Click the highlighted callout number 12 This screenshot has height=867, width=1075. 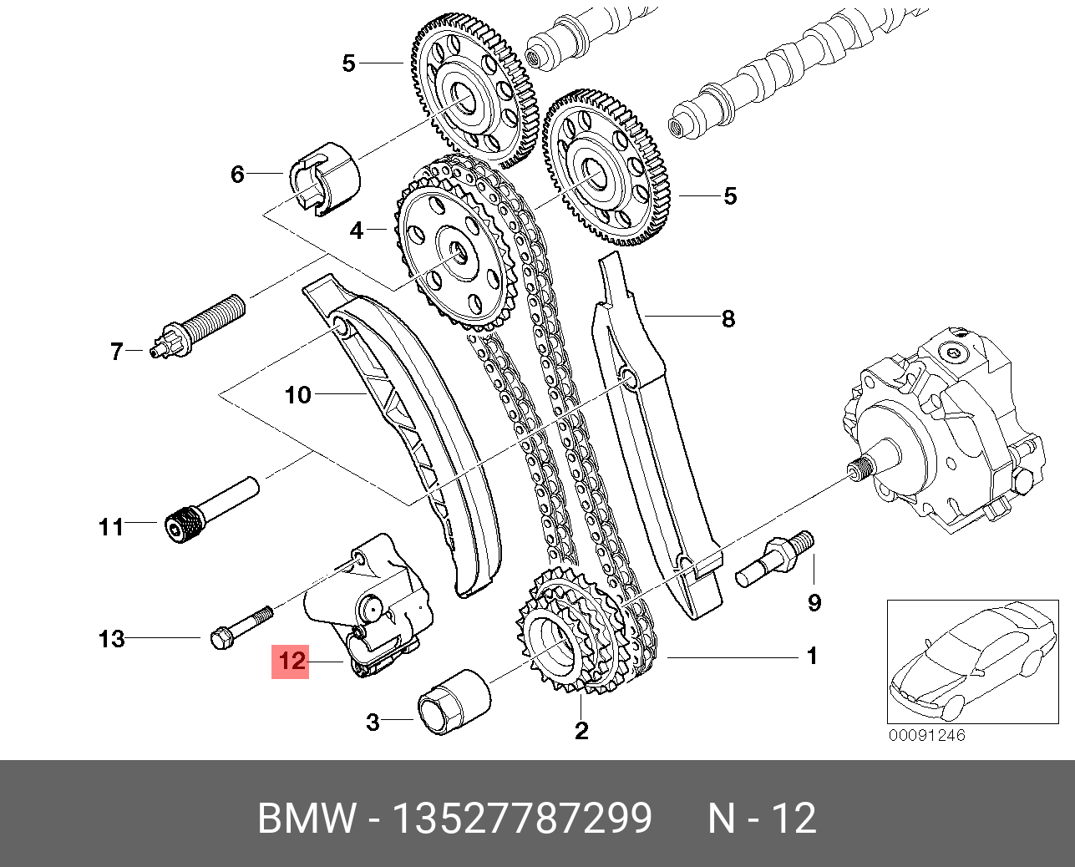point(291,661)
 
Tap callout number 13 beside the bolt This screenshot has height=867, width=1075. point(112,639)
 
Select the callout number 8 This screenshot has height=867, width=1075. point(728,318)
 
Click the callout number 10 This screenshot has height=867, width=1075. point(298,394)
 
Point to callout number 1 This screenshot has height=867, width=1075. point(811,657)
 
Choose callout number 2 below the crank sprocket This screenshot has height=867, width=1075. point(581,731)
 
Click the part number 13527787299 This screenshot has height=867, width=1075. point(522,819)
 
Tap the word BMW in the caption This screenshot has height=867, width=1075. point(307,819)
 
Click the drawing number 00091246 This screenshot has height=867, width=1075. point(926,736)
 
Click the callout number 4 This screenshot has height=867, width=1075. point(357,230)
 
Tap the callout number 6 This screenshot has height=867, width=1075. point(238,174)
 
